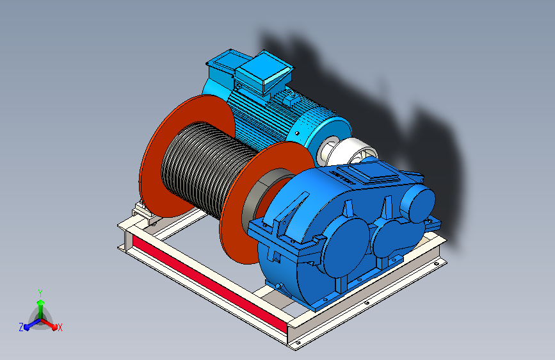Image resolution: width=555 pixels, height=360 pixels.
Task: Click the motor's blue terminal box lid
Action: [x=264, y=72]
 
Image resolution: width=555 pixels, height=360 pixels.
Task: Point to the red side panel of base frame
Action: [x=209, y=284]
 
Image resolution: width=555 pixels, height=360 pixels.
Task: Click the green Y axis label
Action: [x=40, y=293]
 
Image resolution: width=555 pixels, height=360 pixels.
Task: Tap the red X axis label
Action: [x=60, y=327]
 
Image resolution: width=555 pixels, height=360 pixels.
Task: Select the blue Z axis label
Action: [x=21, y=327]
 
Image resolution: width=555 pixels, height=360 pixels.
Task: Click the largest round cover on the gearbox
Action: [x=345, y=247]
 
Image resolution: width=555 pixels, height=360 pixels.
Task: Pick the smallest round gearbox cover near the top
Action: [x=417, y=204]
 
